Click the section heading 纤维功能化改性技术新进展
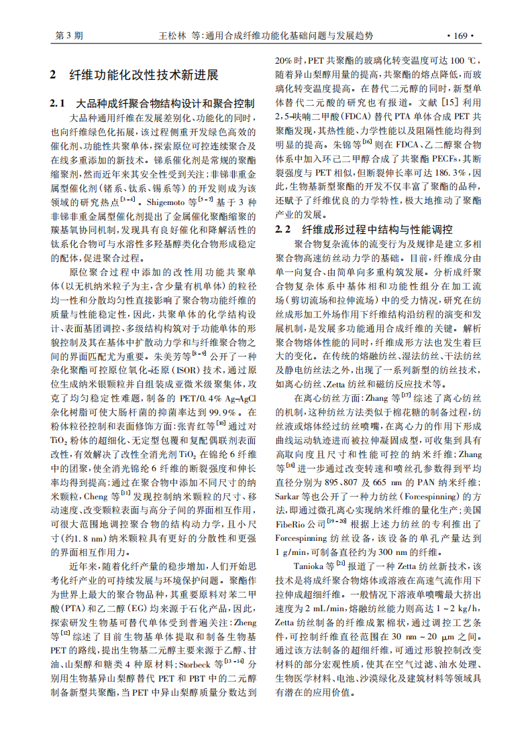[x=144, y=74]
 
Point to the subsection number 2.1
[x=58, y=104]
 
